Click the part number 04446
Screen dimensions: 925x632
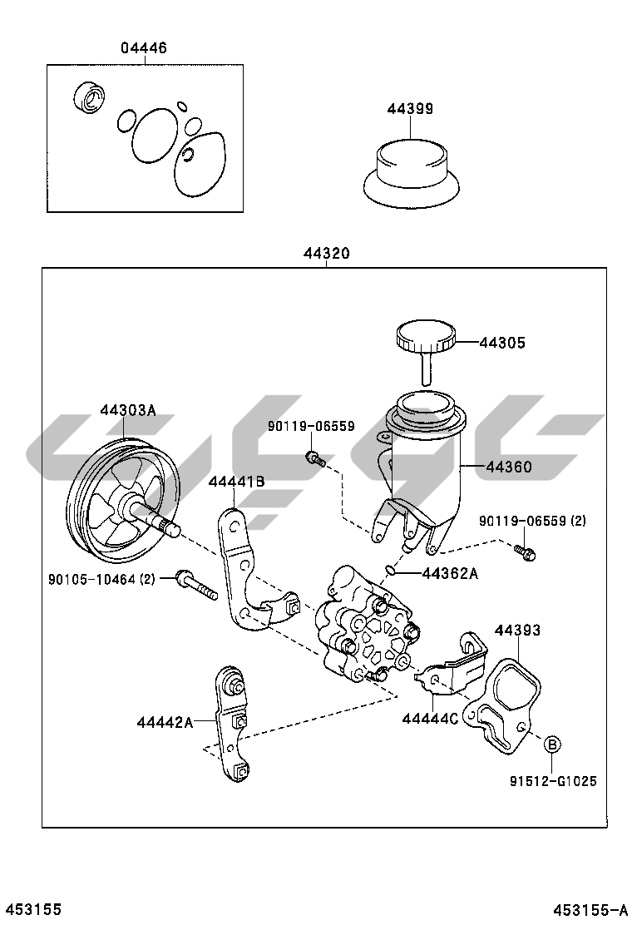[144, 48]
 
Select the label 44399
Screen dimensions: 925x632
[410, 109]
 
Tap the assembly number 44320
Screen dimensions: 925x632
[326, 255]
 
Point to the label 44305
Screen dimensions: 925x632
[502, 342]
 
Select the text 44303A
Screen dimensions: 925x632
[128, 410]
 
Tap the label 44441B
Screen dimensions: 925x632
[236, 481]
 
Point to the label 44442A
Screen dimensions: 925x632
[165, 723]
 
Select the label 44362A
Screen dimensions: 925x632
[450, 573]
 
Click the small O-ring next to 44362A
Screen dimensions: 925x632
[390, 570]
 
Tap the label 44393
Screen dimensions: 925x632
[518, 630]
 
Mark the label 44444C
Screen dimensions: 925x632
[430, 718]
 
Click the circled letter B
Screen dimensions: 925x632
[553, 744]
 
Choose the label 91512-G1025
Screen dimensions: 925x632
[553, 781]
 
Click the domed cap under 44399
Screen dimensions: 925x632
[410, 173]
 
